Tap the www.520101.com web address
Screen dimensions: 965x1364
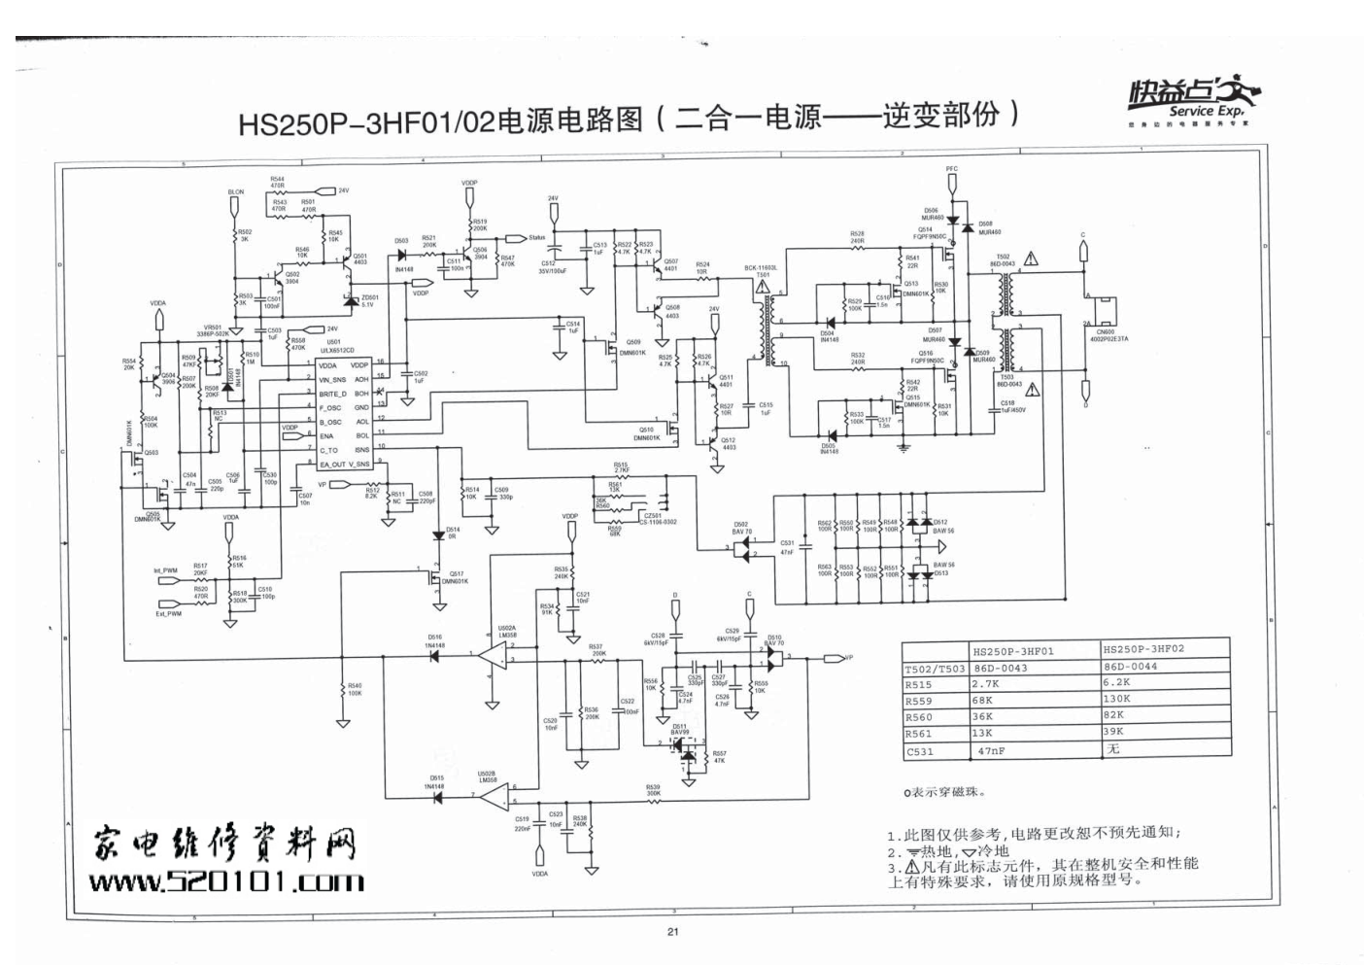(x=227, y=881)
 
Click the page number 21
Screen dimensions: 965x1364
(x=672, y=932)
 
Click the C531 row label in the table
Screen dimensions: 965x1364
(x=919, y=751)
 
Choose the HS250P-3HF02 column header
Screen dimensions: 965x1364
(x=1143, y=649)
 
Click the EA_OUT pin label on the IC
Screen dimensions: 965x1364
(x=332, y=465)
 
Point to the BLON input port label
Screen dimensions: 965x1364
(x=236, y=192)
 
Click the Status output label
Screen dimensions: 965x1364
(x=536, y=237)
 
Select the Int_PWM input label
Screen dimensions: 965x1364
(x=165, y=570)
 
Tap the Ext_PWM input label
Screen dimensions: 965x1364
(x=168, y=613)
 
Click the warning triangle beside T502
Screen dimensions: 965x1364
(x=1032, y=259)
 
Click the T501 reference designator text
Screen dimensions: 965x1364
(x=763, y=274)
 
